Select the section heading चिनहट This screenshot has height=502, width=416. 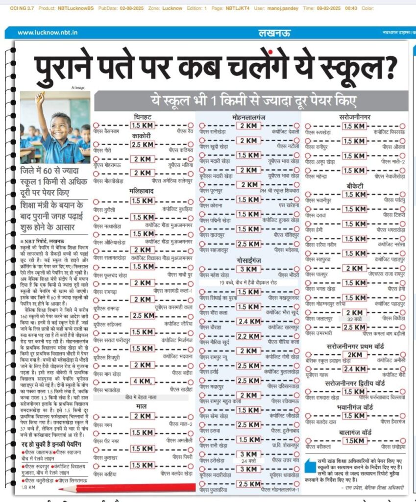pyautogui.click(x=143, y=117)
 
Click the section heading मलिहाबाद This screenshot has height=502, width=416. pyautogui.click(x=143, y=191)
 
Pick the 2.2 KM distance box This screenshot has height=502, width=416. pyautogui.click(x=248, y=336)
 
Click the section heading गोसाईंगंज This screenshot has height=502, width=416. pyautogui.click(x=248, y=259)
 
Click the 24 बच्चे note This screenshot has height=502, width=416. pyautogui.click(x=248, y=462)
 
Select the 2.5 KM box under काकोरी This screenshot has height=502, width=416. pyautogui.click(x=143, y=145)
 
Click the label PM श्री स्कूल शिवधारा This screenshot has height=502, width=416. pyautogui.click(x=278, y=191)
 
